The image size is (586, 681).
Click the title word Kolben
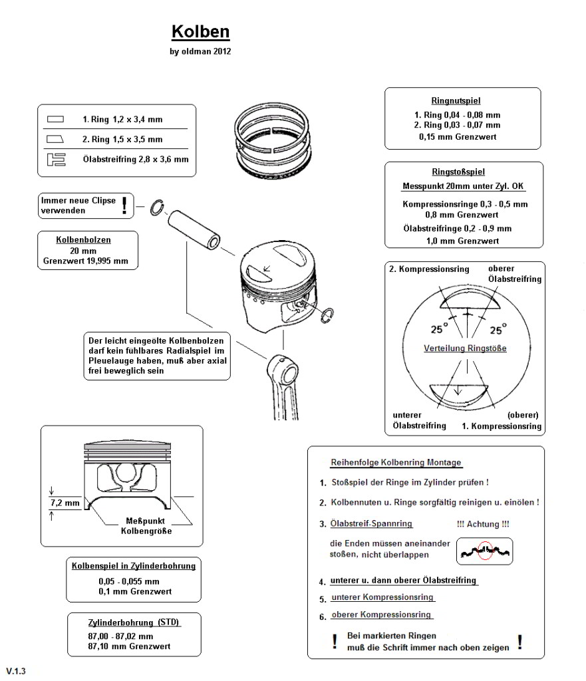point(201,32)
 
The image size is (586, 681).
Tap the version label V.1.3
point(17,671)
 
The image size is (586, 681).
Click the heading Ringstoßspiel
point(463,172)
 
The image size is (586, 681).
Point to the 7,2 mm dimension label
point(65,503)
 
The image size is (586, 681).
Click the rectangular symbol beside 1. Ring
point(56,120)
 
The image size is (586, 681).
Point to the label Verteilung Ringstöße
point(465,348)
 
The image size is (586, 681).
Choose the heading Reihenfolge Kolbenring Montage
point(396,462)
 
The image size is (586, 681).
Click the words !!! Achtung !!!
point(484,524)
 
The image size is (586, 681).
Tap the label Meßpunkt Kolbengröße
point(146,525)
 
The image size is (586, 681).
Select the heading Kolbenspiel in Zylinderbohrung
point(134,567)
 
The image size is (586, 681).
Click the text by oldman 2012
point(201,51)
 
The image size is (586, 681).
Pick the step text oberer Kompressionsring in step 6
point(381,615)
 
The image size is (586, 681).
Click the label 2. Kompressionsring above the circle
point(429,269)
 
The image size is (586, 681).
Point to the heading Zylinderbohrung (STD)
point(134,622)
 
